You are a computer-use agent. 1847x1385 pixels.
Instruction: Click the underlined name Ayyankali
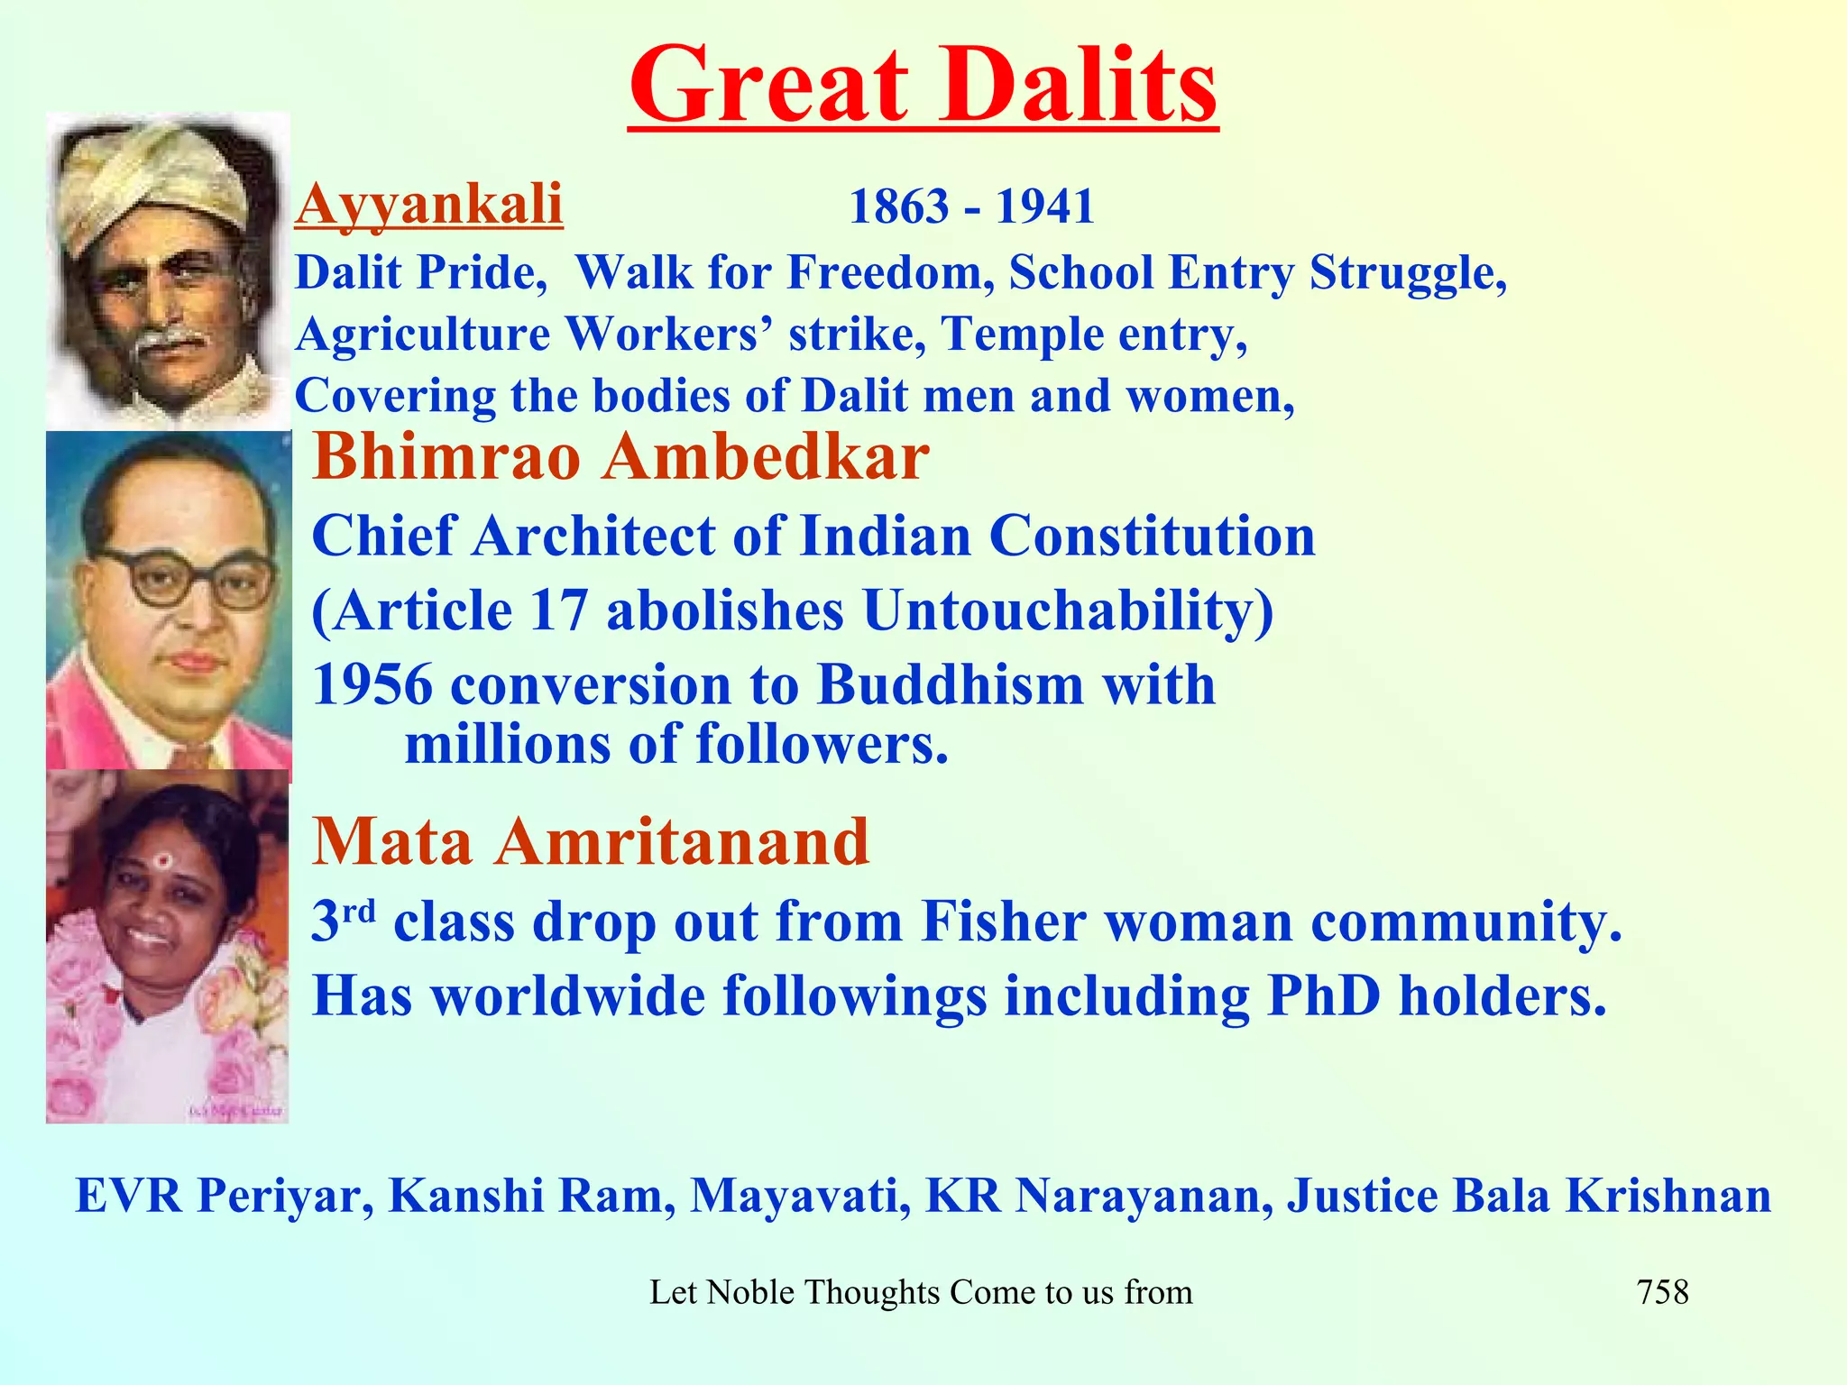(429, 204)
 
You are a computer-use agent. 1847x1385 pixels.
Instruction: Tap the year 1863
(899, 207)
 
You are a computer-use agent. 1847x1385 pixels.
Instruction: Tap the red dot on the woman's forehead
(162, 860)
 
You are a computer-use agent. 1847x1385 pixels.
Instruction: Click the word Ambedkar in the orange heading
(766, 457)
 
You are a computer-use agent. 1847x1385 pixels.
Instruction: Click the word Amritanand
(682, 841)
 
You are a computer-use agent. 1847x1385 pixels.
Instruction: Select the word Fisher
(1003, 922)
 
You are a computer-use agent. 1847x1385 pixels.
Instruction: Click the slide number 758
(1662, 1292)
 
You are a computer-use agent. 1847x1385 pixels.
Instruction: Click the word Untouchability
(1068, 610)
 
